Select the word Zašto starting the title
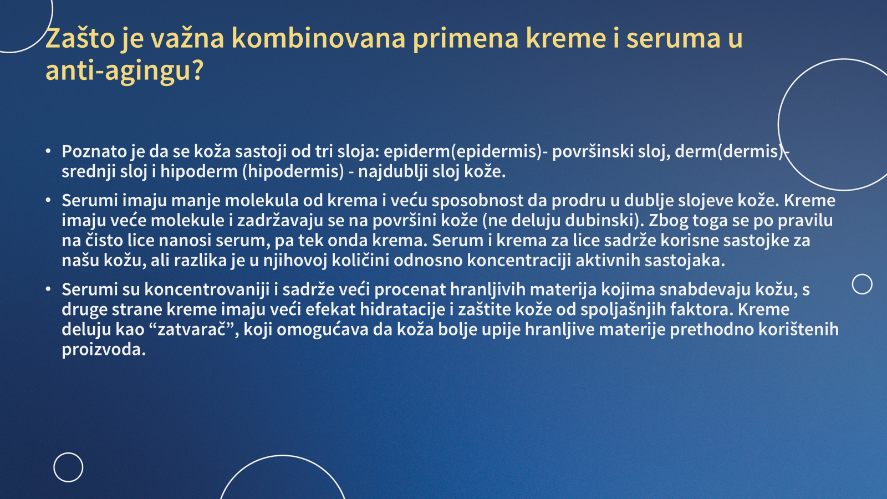click(80, 38)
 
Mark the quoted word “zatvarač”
click(195, 329)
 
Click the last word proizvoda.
click(104, 350)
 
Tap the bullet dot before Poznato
click(48, 152)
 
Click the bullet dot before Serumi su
click(48, 289)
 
